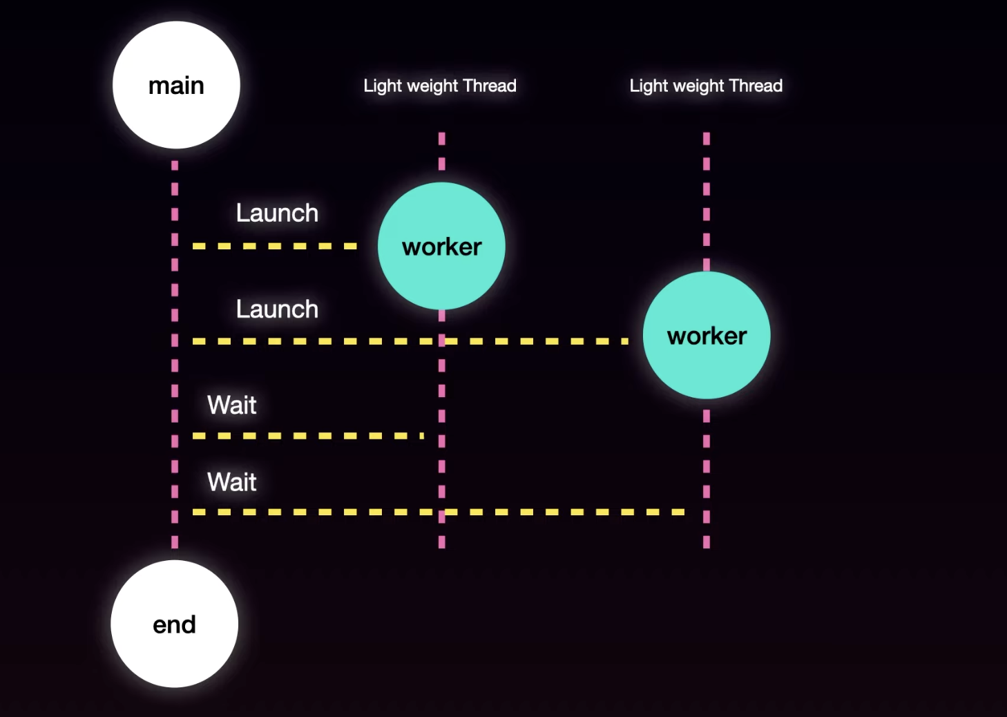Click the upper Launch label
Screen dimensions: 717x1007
coord(277,213)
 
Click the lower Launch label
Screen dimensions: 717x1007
coord(277,309)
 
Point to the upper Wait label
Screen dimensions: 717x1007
coord(232,405)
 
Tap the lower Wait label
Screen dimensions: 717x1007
coord(232,481)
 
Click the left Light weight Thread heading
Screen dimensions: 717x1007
coord(440,86)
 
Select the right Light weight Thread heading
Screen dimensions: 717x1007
coord(706,86)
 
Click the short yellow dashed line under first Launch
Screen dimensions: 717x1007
coord(275,246)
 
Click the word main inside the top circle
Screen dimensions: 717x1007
coord(176,86)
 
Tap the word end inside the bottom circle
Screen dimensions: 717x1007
coord(174,624)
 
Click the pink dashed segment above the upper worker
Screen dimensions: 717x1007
coord(441,151)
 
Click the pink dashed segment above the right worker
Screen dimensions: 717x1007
coord(707,200)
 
